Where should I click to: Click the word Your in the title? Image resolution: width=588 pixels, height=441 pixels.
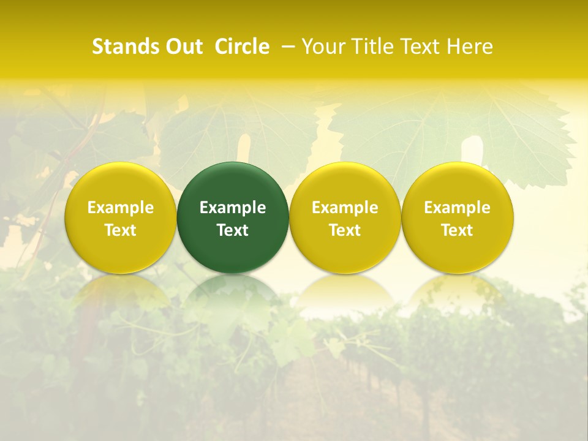coord(323,47)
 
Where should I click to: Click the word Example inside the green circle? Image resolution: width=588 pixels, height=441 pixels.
coord(233,208)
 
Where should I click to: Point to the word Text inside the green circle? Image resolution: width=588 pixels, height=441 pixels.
coord(233,230)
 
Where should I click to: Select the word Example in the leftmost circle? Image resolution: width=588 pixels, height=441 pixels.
coord(120,208)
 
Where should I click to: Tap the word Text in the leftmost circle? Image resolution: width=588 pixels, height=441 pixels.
coord(120,230)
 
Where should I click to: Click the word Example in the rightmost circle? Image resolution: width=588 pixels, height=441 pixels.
coord(457,208)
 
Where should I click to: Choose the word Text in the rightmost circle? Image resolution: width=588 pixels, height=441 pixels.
coord(457,230)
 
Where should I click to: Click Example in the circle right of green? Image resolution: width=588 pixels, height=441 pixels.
coord(345,208)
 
